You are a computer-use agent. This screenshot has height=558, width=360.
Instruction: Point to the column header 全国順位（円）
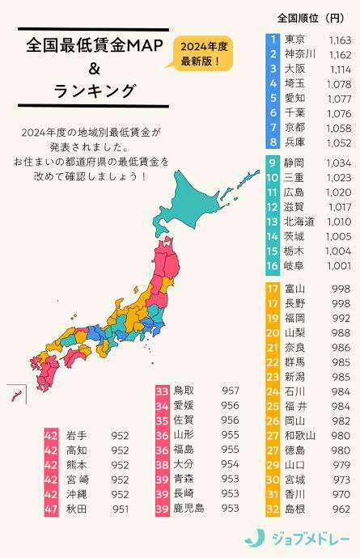click(x=310, y=17)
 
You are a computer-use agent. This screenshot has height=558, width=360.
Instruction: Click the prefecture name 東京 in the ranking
click(x=294, y=39)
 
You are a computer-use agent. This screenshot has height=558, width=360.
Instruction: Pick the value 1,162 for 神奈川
click(x=340, y=54)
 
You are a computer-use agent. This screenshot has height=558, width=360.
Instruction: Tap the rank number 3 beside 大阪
click(x=273, y=69)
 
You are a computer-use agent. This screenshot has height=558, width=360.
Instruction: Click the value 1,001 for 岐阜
click(x=340, y=265)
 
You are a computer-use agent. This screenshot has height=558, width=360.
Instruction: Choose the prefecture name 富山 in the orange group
click(x=294, y=288)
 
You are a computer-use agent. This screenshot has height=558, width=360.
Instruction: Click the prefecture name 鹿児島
click(x=190, y=507)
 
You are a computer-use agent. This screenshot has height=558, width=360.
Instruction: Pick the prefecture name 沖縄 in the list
click(x=76, y=492)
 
